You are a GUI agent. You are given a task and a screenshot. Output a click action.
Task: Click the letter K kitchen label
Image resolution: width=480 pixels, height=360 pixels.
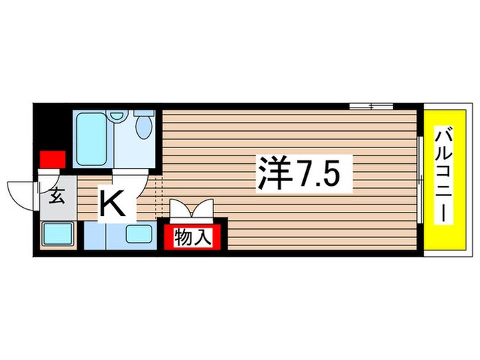click(x=114, y=204)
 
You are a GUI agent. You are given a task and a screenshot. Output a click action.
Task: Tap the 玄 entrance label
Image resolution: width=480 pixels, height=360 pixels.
click(x=58, y=197)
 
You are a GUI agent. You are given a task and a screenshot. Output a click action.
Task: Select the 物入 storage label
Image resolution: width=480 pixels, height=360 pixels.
click(x=191, y=238)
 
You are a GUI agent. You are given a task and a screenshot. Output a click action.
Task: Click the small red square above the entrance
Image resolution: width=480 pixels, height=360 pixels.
click(x=53, y=158)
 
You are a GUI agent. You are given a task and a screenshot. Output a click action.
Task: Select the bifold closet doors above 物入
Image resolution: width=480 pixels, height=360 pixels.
click(x=191, y=208)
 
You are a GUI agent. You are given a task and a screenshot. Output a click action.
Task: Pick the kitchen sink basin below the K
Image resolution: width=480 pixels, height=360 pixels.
click(x=139, y=234)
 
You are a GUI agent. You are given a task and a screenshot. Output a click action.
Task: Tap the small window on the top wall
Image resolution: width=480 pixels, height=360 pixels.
click(x=370, y=106)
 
